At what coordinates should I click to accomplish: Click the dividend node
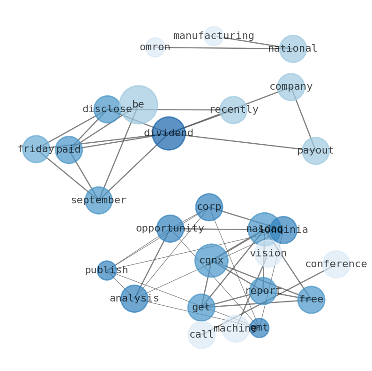[169, 133]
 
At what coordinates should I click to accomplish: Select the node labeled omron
[155, 47]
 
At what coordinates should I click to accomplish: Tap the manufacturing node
[214, 36]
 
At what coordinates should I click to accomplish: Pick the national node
[293, 49]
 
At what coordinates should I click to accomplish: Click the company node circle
[291, 87]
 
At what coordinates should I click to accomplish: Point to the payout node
[315, 151]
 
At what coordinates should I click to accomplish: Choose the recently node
[233, 110]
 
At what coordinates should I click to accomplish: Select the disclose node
[107, 109]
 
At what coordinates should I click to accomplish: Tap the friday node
[36, 149]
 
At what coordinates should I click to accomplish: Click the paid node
[69, 150]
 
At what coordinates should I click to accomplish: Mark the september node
[98, 201]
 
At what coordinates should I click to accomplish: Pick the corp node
[209, 207]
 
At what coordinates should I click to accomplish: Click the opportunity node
[170, 229]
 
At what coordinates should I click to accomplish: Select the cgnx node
[211, 260]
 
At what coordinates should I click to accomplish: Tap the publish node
[107, 271]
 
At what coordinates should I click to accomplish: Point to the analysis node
[134, 299]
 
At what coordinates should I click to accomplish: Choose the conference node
[336, 264]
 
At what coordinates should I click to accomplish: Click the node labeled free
[311, 300]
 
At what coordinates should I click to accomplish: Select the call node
[201, 335]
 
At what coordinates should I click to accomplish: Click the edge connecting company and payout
[303, 119]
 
